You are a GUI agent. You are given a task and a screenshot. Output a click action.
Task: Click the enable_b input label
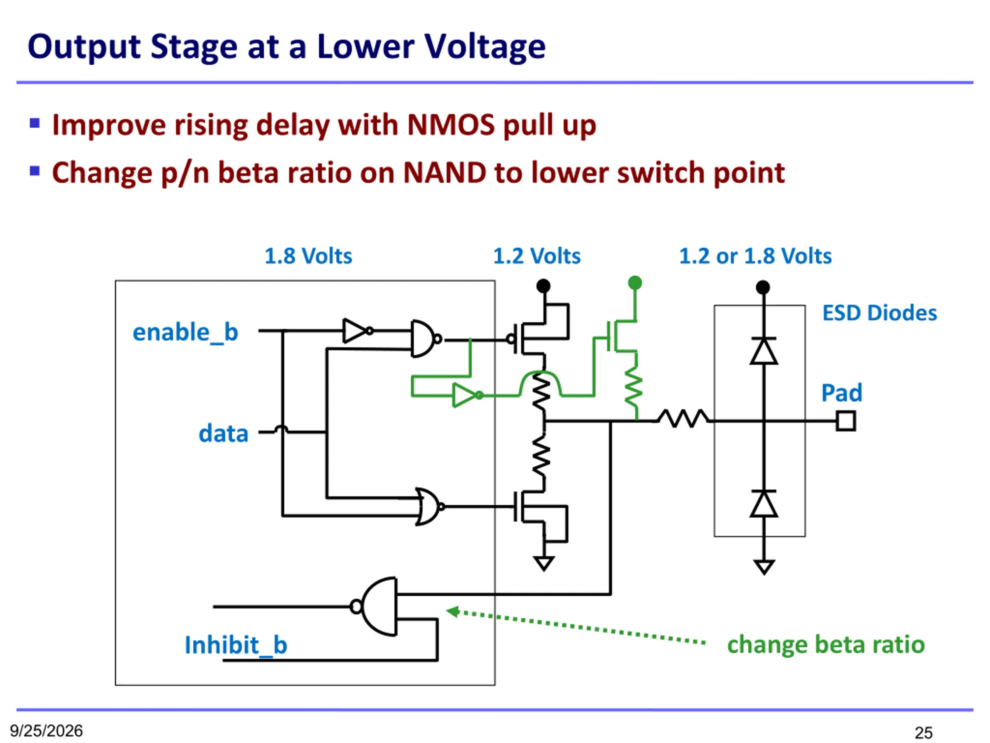click(x=185, y=333)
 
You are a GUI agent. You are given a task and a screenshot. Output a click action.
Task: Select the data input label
click(x=224, y=433)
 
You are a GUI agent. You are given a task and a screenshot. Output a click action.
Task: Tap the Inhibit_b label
click(x=236, y=645)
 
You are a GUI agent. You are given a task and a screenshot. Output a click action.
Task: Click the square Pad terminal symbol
click(x=846, y=421)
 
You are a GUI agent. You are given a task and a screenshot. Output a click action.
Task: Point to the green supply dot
click(x=635, y=282)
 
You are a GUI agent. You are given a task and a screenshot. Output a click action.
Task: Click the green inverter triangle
click(x=467, y=395)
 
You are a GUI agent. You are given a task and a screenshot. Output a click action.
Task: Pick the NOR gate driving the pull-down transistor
click(x=430, y=507)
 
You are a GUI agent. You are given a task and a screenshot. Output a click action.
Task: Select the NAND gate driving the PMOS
click(x=427, y=339)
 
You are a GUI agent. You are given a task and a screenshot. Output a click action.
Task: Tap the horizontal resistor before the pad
click(x=683, y=418)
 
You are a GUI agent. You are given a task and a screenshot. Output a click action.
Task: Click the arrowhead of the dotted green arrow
click(x=453, y=611)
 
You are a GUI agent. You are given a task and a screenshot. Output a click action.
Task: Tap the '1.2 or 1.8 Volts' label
click(x=756, y=256)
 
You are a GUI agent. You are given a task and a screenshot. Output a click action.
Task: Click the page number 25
click(x=924, y=733)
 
